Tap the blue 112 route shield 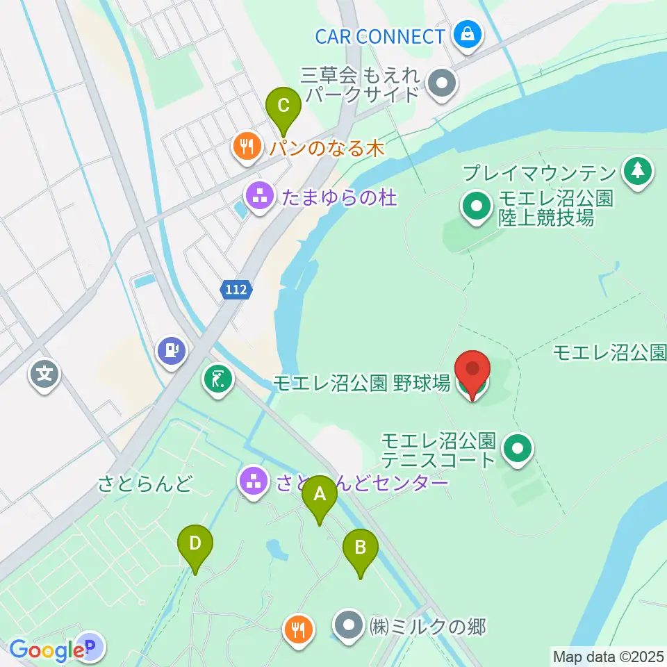pos(236,290)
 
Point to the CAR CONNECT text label pos(379,36)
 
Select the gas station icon pos(171,349)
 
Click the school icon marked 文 pos(45,376)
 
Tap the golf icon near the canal pos(218,379)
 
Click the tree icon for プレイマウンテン pos(637,171)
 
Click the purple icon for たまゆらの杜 pos(260,197)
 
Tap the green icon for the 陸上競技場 pos(477,207)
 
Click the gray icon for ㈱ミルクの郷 pos(349,627)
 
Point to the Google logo pos(46,650)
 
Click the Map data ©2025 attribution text pos(608,655)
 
